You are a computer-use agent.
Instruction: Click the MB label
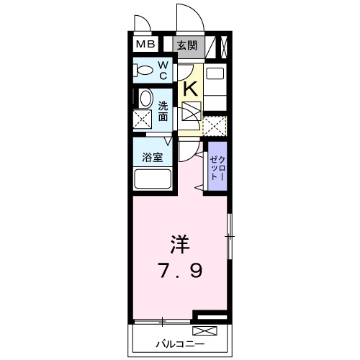[146, 45]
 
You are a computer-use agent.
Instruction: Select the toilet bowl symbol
[144, 71]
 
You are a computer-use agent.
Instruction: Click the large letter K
[190, 89]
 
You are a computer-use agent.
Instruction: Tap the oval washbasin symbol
[145, 100]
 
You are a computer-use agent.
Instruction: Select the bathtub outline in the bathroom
[152, 179]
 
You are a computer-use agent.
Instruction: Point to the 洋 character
[180, 245]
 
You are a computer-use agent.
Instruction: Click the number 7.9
[181, 272]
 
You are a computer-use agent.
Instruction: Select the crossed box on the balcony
[204, 331]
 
